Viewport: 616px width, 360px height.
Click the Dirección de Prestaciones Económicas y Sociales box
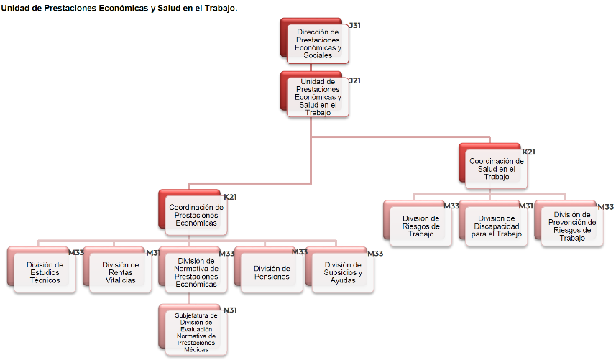tap(318, 43)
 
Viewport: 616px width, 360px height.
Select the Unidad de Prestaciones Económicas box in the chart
tap(318, 97)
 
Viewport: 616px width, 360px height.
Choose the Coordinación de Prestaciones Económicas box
tap(196, 214)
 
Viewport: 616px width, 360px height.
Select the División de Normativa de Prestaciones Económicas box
tap(196, 272)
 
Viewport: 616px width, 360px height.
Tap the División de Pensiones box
tap(271, 272)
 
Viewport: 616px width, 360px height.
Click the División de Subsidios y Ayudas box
tap(343, 272)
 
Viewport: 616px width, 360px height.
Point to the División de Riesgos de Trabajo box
tap(420, 226)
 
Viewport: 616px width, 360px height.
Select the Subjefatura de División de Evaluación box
tap(196, 331)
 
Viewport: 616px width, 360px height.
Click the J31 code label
tap(354, 26)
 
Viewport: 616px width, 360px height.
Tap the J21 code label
tap(354, 80)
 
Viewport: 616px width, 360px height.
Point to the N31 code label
tap(230, 310)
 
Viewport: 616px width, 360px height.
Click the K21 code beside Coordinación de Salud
tap(528, 152)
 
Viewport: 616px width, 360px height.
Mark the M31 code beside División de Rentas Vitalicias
tap(153, 253)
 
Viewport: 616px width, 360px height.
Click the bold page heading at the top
tap(119, 7)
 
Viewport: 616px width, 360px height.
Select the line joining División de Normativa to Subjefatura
tap(189, 298)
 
